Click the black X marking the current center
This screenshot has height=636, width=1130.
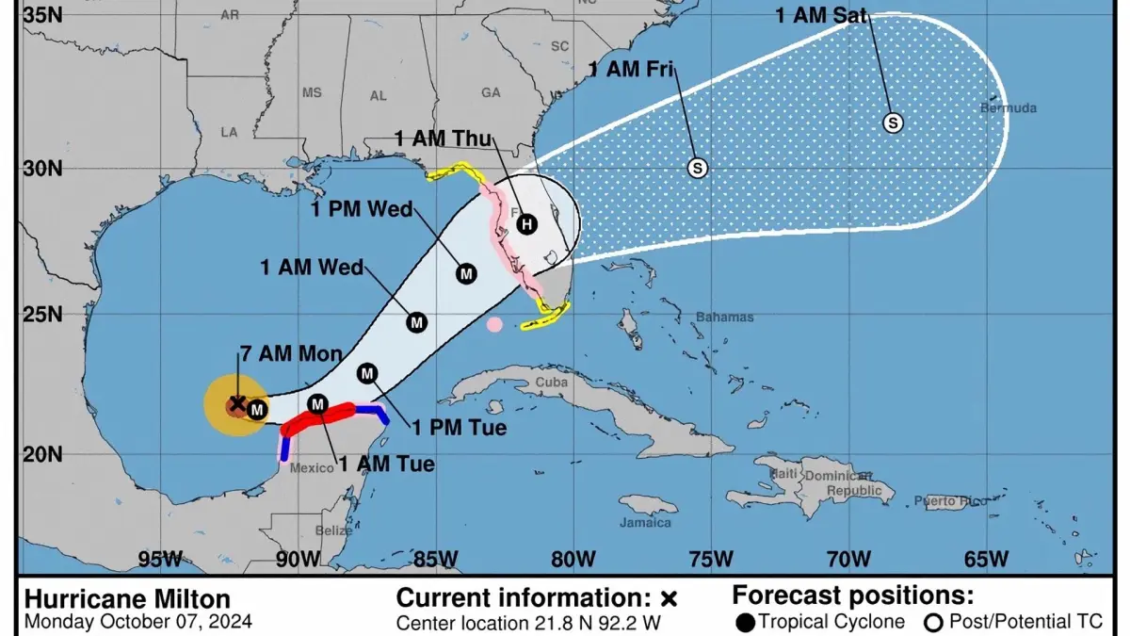237,403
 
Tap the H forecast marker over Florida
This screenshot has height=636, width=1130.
526,224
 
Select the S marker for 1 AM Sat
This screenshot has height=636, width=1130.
893,122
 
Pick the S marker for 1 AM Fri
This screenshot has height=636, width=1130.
697,168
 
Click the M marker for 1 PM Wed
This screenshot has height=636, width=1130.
466,273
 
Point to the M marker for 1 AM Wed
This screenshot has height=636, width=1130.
416,322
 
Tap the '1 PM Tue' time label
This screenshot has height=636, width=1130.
460,428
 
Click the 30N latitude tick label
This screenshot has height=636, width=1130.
41,169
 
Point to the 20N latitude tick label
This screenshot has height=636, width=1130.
41,454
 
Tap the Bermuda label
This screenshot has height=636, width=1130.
1009,108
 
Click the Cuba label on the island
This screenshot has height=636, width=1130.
554,383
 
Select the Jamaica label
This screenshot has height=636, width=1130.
646,522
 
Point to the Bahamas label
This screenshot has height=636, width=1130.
724,318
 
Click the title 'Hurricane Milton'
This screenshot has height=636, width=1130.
126,599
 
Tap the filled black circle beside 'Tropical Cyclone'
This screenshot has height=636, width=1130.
746,622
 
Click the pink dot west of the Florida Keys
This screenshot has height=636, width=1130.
494,325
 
